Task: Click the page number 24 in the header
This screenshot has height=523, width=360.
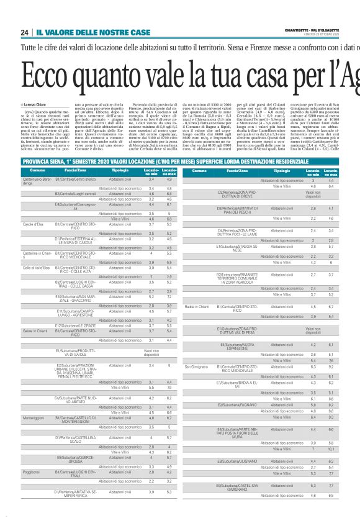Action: [24, 32]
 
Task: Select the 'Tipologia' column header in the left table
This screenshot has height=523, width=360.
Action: [120, 170]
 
